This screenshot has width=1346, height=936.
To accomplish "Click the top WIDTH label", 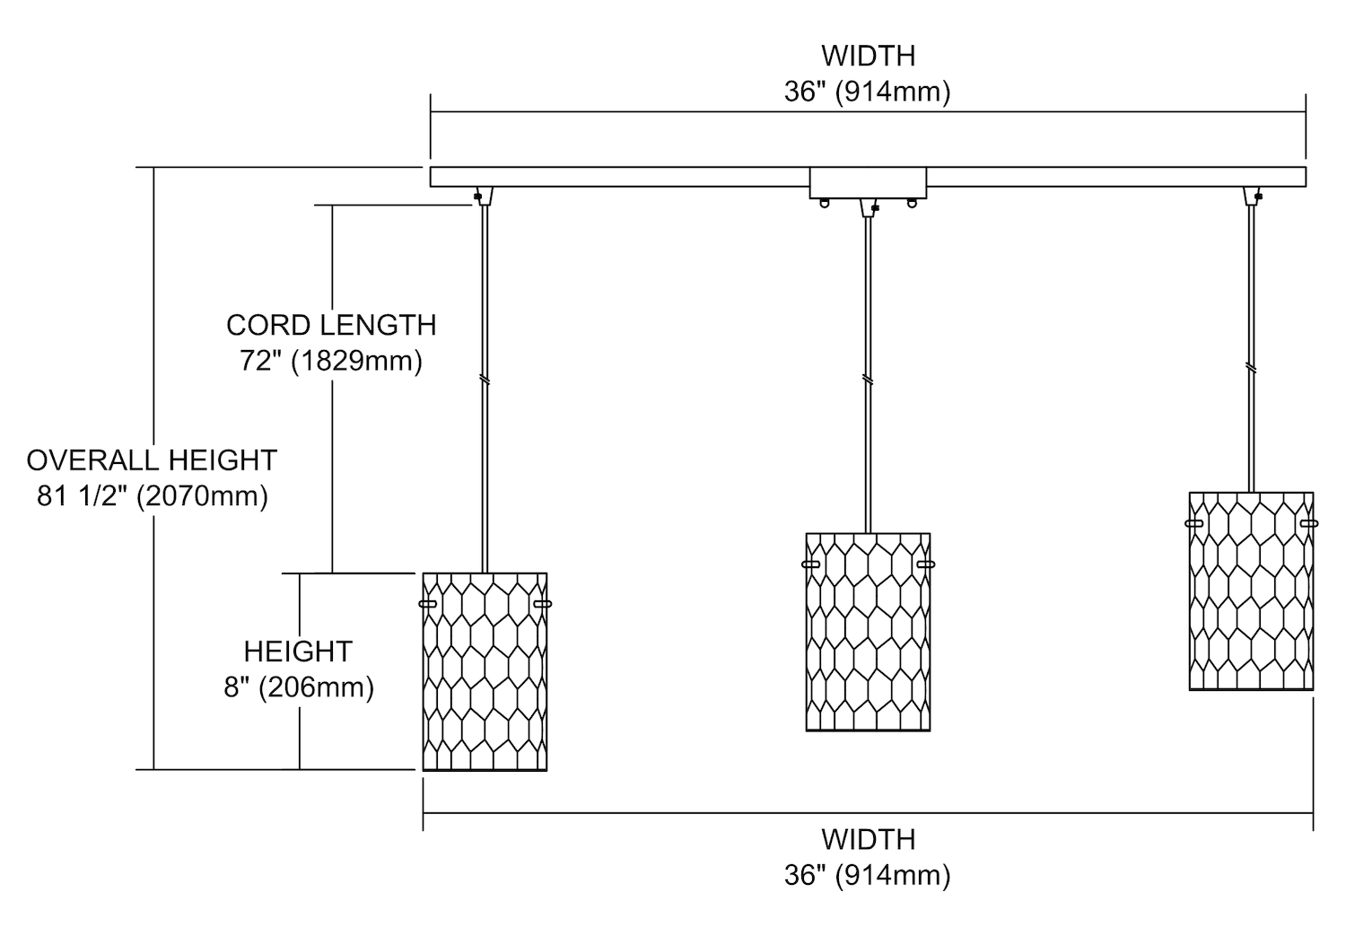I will pos(868,56).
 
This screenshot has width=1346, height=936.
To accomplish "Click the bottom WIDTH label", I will pos(868,839).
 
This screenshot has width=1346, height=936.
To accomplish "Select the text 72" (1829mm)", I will pos(331,361).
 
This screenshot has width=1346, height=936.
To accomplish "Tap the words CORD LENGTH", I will pos(331,325).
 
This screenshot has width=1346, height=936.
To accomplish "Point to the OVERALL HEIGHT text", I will pos(152,460).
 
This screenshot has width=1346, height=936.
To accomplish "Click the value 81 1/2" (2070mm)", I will pos(152,495).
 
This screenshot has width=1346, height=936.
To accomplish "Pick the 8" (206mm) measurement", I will pos(298,687).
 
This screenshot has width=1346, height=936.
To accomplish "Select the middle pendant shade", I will pos(868,632).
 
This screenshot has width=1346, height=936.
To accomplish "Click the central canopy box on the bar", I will pos(868,183).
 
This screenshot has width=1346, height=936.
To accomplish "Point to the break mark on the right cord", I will pos(1251,367).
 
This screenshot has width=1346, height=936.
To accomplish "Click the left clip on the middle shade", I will pos(810,564).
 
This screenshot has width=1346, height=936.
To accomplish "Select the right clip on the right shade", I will pos(1309,523).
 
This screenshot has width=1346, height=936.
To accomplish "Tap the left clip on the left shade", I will pos(427,604).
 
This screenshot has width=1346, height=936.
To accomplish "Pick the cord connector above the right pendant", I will pos(1251,195).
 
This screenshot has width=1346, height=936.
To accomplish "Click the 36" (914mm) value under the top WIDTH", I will pos(868,92).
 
